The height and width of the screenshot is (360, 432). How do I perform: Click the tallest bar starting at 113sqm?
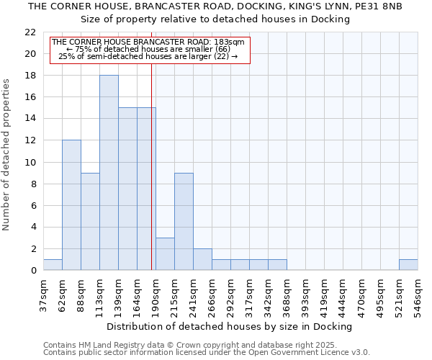109,173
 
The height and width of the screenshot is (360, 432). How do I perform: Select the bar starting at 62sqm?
71,205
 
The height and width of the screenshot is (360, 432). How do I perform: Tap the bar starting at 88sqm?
90,222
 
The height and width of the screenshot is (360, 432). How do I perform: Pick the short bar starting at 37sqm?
53,265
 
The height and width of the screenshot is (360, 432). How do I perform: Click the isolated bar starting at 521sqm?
408,265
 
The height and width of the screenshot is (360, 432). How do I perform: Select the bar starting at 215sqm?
184,222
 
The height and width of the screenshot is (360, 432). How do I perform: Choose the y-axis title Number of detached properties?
7,155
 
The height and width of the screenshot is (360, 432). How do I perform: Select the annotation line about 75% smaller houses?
148,49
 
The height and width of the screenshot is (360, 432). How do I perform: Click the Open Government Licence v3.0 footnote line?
207,352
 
